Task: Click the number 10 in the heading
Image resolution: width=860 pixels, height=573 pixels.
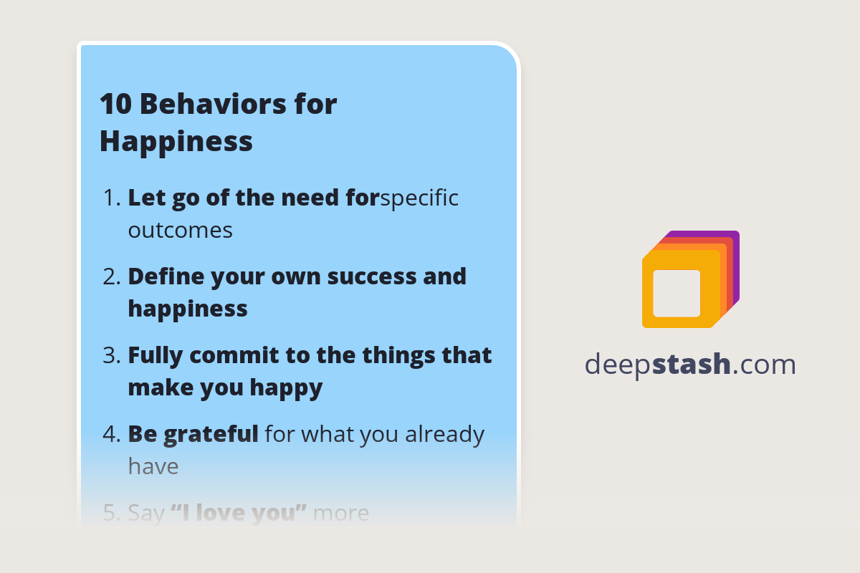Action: point(115,105)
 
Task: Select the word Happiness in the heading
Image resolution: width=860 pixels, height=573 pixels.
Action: point(176,141)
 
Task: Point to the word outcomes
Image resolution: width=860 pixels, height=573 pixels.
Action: point(180,231)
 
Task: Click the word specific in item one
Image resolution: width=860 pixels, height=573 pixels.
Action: point(419,198)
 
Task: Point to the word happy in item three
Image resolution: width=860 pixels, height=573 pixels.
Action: point(286,388)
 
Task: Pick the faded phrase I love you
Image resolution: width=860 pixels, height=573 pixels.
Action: point(239,513)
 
